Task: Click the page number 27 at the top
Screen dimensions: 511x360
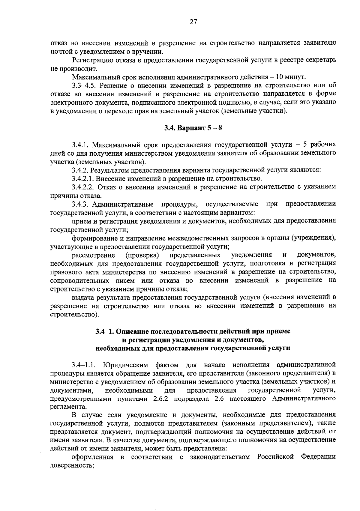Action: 193,22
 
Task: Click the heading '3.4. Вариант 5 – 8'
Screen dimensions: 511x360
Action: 193,128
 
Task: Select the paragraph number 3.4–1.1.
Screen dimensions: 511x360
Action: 84,365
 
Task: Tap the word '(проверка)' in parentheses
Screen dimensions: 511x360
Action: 142,255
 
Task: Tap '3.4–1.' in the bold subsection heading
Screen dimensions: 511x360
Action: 105,331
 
